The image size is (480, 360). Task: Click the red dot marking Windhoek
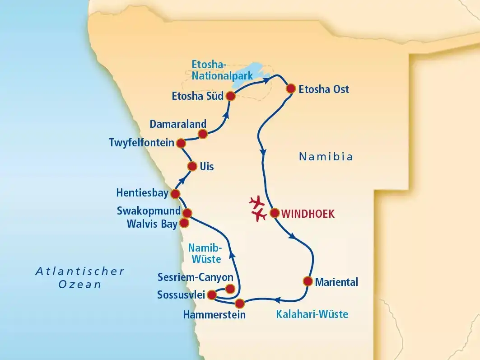point(274,213)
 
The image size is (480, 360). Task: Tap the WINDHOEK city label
point(308,214)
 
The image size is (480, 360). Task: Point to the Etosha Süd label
point(197,96)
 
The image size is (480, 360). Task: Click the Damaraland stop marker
point(203,133)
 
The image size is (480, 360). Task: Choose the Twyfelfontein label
point(141,143)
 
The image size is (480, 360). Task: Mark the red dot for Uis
point(192,166)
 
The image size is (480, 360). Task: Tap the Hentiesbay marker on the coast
point(175,194)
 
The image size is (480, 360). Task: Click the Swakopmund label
point(149,211)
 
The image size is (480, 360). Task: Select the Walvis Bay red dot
point(184,223)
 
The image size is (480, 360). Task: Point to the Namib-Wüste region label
point(205,253)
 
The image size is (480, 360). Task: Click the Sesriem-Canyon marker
point(230,289)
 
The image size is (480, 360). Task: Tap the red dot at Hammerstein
point(239,303)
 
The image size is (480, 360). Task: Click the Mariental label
point(336,283)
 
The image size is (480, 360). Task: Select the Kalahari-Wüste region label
point(312,314)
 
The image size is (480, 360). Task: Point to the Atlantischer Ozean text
point(80,278)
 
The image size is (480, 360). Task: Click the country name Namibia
point(326,157)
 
